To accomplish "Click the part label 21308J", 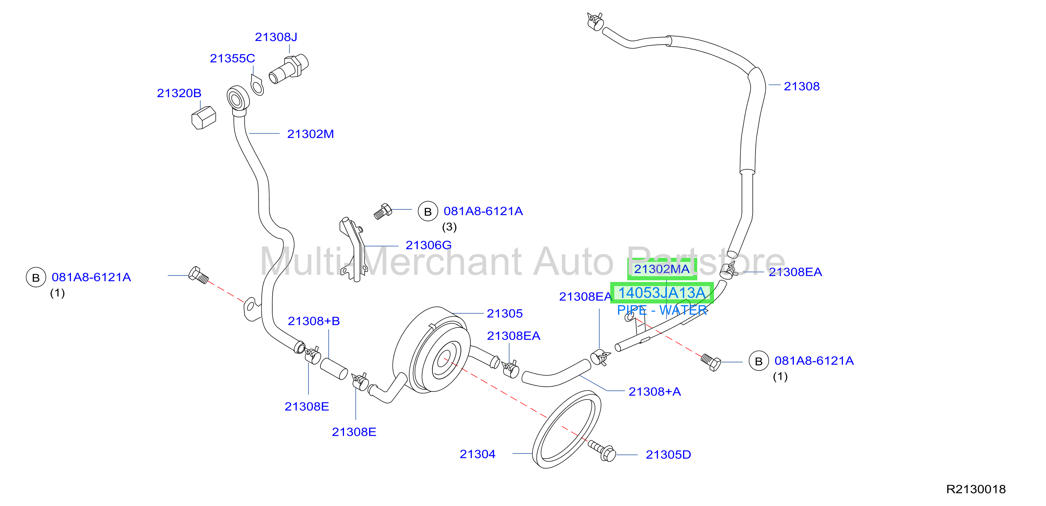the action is click(x=276, y=37).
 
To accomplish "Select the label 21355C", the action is click(x=232, y=58).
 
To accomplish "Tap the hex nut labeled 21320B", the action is click(x=203, y=118).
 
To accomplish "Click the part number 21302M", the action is click(x=310, y=134).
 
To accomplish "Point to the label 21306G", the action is click(x=428, y=245).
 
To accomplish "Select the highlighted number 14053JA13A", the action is click(x=661, y=293).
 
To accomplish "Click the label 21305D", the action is click(x=668, y=455).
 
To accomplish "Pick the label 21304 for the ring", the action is click(x=477, y=454).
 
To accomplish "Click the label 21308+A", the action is click(x=655, y=391).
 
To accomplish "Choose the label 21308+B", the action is click(x=314, y=321).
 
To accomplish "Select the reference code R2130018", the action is click(x=976, y=489).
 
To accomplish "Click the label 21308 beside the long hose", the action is click(x=802, y=86).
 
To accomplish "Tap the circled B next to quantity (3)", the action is click(x=428, y=211).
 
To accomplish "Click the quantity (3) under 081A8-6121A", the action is click(x=449, y=227).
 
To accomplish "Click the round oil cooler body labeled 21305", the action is click(x=431, y=350).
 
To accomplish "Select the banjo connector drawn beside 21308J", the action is click(x=289, y=69).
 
